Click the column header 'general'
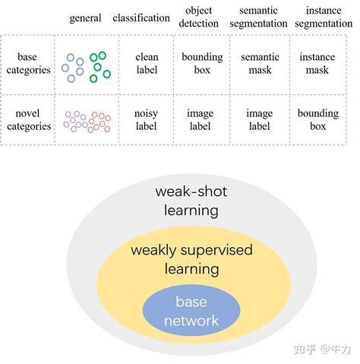click(85, 17)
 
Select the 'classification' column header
click(141, 17)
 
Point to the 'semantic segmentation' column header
click(259, 17)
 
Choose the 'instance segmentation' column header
click(323, 17)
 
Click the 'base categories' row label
click(28, 64)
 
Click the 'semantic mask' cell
click(259, 64)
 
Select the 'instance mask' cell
click(317, 64)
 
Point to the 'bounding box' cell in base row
click(201, 64)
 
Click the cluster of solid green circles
click(98, 67)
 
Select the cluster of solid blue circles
click(74, 68)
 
